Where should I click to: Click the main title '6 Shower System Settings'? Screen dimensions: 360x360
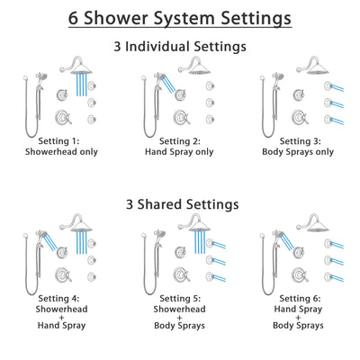pyautogui.click(x=180, y=17)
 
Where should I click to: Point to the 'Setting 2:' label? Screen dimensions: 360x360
pyautogui.click(x=180, y=141)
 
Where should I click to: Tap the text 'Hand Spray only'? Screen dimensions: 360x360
pyautogui.click(x=180, y=153)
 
